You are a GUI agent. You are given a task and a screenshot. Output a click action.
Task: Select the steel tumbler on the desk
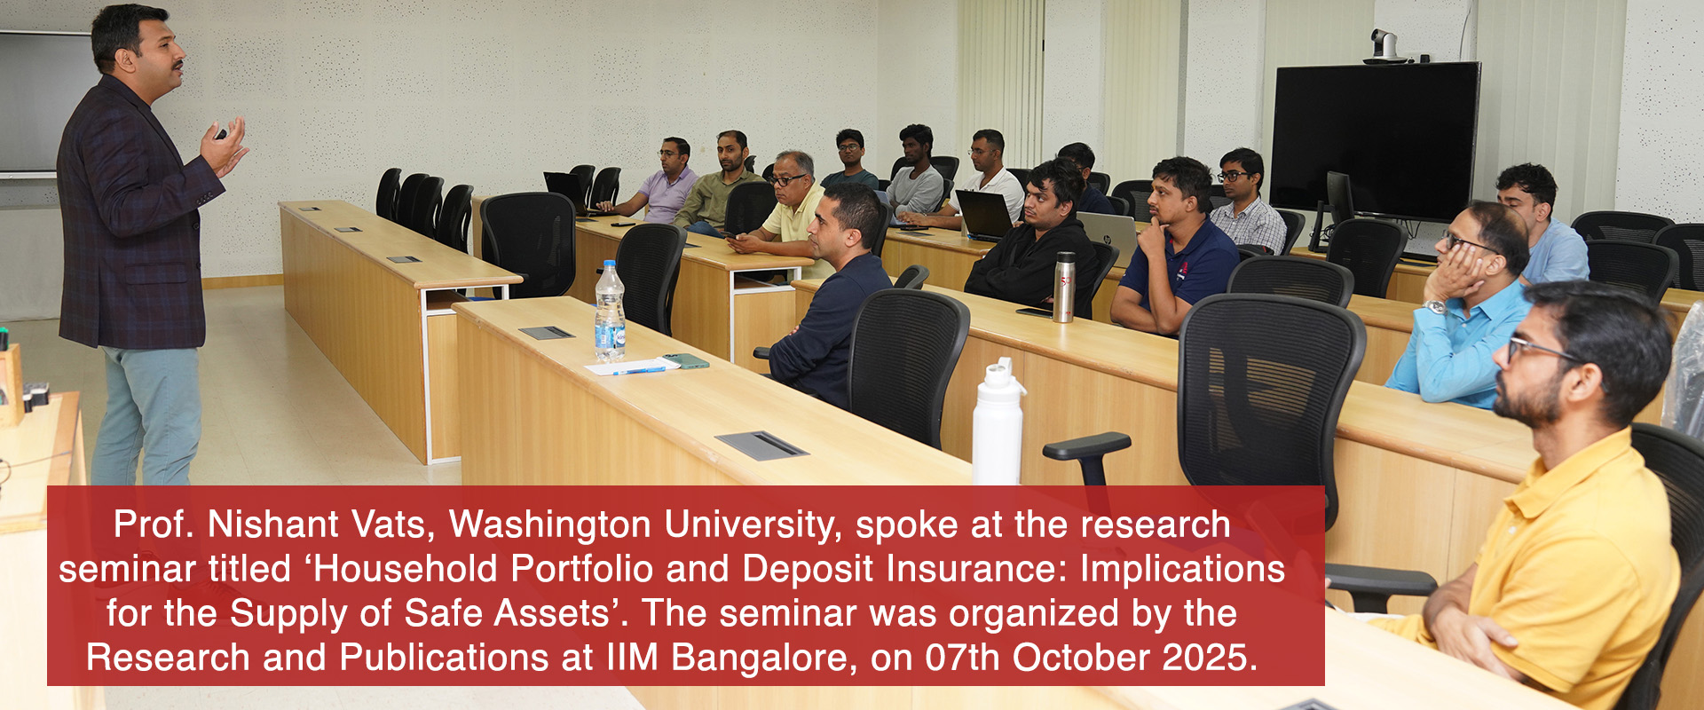click(1064, 287)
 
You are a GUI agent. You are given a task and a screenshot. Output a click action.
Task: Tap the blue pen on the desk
click(638, 370)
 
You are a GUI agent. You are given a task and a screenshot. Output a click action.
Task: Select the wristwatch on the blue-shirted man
click(1436, 307)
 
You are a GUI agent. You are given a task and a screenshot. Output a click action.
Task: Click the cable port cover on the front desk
click(761, 445)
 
